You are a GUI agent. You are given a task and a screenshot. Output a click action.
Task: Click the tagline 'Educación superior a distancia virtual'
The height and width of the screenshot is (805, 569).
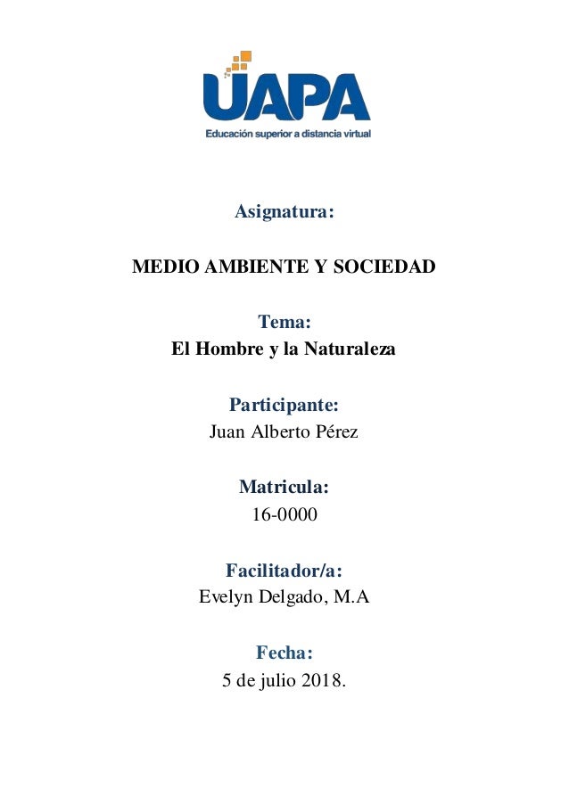click(x=288, y=135)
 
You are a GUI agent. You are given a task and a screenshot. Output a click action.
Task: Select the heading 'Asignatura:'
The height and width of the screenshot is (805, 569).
click(x=284, y=213)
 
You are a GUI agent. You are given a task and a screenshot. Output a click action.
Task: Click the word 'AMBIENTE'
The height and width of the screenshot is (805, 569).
click(x=245, y=267)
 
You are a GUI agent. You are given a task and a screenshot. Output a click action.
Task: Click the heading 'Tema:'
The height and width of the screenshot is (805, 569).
click(x=284, y=321)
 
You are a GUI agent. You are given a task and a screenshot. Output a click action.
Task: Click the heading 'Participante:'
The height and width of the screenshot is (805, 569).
click(x=284, y=406)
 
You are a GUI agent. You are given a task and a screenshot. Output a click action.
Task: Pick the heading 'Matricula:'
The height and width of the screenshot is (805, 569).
click(x=284, y=488)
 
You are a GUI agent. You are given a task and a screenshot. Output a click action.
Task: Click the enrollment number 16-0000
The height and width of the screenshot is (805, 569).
click(x=284, y=516)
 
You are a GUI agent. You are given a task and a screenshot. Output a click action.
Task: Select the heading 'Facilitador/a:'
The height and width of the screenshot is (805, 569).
click(x=284, y=571)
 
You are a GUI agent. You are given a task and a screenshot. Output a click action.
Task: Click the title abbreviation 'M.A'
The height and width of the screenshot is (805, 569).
click(x=350, y=598)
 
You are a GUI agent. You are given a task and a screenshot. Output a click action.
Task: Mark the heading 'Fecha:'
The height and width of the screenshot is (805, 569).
click(x=284, y=653)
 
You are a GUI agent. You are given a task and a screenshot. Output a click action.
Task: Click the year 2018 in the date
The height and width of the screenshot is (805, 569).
click(x=322, y=682)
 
